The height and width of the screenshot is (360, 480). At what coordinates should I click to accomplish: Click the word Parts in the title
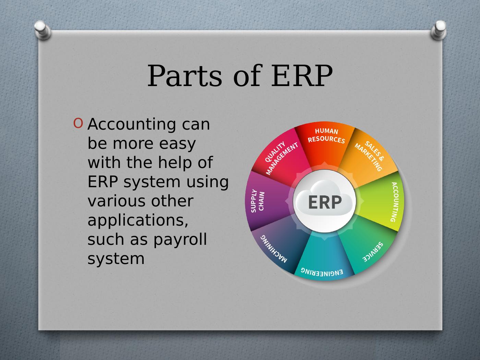[185, 76]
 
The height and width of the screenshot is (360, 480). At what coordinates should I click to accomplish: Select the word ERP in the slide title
[302, 76]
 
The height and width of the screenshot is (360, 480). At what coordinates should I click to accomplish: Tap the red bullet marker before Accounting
[78, 123]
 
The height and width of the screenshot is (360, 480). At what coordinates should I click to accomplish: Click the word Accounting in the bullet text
[132, 124]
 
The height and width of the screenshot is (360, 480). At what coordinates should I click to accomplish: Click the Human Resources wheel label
[326, 135]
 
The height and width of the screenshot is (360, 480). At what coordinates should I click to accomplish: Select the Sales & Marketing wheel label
[370, 156]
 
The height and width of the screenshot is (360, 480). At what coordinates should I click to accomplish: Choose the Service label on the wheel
[373, 252]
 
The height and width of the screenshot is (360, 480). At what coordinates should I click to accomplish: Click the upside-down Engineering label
[322, 272]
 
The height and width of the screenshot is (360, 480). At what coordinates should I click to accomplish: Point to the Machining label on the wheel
[274, 249]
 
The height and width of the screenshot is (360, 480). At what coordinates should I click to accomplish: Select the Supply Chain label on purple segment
[258, 201]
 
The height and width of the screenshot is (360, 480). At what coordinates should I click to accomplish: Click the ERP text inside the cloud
[325, 202]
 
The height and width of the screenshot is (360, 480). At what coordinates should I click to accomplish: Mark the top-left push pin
[42, 29]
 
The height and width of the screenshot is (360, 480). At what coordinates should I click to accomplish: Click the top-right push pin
[439, 30]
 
